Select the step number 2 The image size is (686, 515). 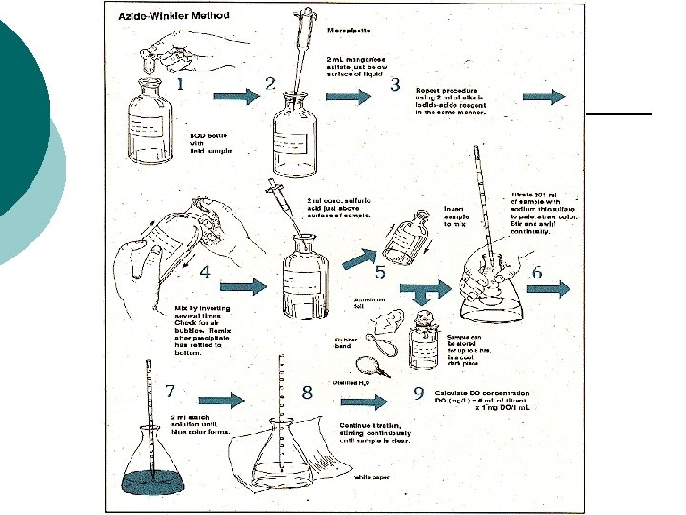click(271, 84)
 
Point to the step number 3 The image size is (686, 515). click(395, 84)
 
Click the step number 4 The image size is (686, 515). click(205, 271)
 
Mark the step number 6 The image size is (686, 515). click(536, 273)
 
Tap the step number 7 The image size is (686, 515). click(170, 391)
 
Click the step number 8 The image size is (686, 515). click(306, 392)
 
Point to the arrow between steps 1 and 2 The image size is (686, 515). click(235, 96)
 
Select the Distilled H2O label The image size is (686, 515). click(351, 382)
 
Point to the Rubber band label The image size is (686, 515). click(345, 341)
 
